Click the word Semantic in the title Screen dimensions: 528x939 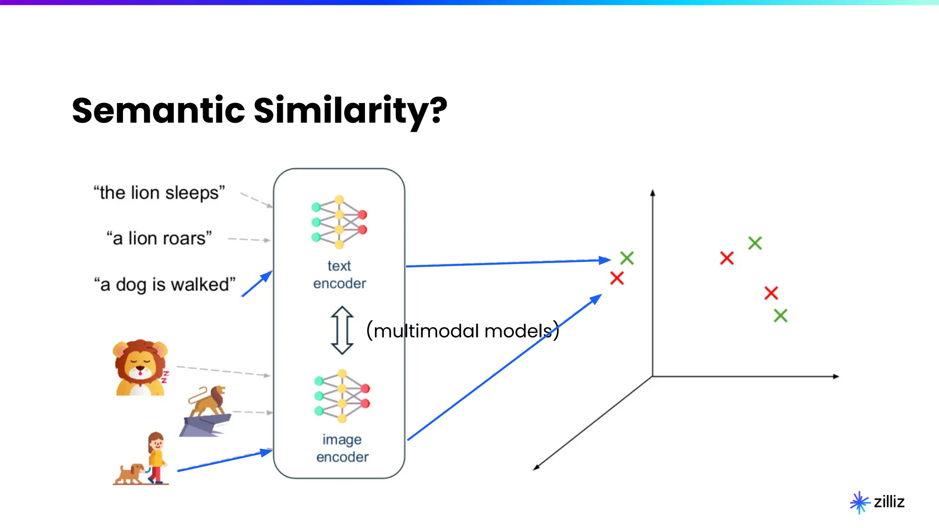pos(158,110)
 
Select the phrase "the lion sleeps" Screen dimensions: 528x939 pos(159,193)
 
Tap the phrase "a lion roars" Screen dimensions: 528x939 pos(159,239)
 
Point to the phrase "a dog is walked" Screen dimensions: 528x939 pos(165,285)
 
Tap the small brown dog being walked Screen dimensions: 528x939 pos(130,473)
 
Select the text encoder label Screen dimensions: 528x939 pos(339,275)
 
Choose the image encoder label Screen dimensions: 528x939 pos(342,448)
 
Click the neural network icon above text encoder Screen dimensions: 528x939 pos(339,222)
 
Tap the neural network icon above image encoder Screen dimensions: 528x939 pos(342,396)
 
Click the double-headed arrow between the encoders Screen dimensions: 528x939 pos(342,330)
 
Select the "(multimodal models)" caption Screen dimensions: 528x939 pos(463,330)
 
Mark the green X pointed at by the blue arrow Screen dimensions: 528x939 pos(627,258)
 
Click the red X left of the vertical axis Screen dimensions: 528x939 pos(617,278)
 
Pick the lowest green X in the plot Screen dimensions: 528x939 pos(780,315)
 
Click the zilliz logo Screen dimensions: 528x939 pos(877,502)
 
